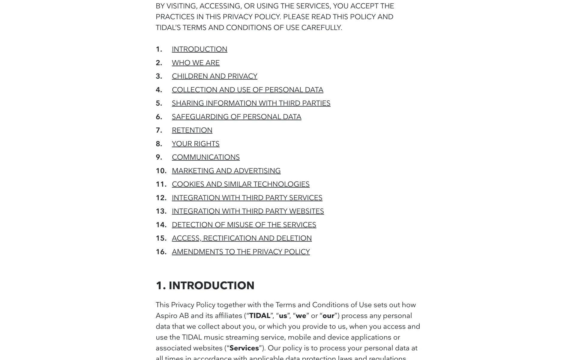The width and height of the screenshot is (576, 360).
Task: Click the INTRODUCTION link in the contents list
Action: [199, 49]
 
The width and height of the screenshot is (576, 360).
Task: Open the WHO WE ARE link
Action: [196, 63]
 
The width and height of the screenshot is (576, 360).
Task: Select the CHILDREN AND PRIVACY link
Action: [214, 76]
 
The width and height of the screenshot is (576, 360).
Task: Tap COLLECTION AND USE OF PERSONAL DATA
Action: [247, 90]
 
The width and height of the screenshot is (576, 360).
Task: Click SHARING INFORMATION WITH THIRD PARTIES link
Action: [251, 103]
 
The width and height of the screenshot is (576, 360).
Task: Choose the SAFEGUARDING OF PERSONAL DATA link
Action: [236, 117]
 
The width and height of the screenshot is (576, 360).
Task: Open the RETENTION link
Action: [192, 130]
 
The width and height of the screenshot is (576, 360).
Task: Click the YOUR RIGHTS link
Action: [196, 144]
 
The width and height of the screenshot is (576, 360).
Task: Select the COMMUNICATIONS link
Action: [206, 157]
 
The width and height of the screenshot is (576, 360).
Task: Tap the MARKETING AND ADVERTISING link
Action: [226, 171]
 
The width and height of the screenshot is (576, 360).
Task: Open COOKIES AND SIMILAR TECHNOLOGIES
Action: [241, 184]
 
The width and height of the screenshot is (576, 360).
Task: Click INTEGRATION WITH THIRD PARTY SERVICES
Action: [247, 198]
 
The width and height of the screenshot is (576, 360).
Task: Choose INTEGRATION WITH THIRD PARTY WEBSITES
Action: [248, 211]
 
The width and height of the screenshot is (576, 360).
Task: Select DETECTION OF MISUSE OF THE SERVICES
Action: [244, 225]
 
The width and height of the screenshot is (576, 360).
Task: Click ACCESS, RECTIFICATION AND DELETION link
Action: [242, 238]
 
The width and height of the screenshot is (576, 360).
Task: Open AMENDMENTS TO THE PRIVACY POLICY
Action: [241, 252]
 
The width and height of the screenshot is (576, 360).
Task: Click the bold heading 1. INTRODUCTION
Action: [205, 286]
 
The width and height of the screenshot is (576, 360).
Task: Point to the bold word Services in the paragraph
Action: [244, 348]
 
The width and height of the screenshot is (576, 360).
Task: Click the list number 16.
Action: [161, 252]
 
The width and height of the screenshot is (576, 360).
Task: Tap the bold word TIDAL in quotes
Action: [260, 316]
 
